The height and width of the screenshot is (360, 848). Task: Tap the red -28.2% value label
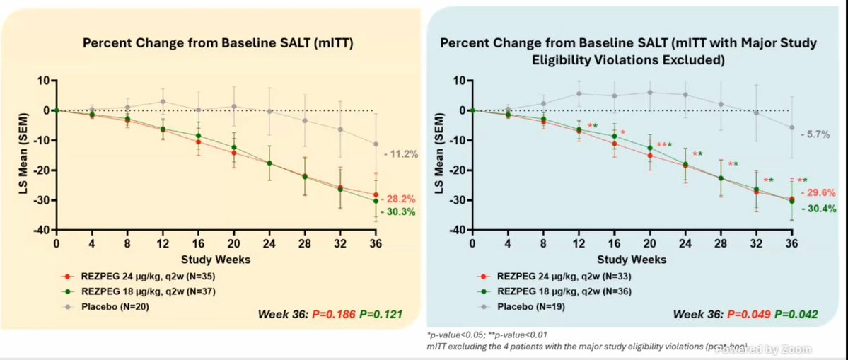tap(400, 199)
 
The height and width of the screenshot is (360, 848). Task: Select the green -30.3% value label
tap(400, 211)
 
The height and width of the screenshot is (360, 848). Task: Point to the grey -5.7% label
tap(815, 134)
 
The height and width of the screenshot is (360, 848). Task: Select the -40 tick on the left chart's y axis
tap(42, 230)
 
